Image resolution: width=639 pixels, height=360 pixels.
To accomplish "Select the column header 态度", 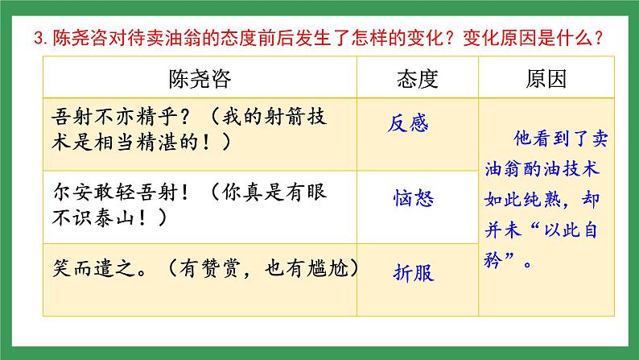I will point(417,78).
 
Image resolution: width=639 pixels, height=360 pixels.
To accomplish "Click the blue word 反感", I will point(408,122).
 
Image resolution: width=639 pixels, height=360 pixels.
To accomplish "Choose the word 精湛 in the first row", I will point(183,141).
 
